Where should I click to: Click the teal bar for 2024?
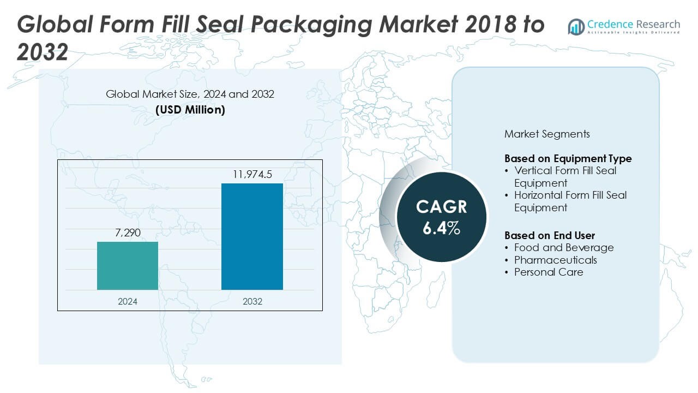128,265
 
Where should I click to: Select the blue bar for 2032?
252,236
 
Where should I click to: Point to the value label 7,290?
128,233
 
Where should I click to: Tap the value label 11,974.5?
252,175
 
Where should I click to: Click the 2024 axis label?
128,301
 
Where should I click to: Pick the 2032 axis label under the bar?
252,301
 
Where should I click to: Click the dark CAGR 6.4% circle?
441,217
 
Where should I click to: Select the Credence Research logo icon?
576,26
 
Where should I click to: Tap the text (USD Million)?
190,109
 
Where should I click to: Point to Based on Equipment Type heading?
568,158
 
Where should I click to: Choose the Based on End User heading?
549,235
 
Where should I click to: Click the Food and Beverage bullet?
563,248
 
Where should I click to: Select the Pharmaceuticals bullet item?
555,260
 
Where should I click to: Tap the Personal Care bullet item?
548,272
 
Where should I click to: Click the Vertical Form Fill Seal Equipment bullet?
565,176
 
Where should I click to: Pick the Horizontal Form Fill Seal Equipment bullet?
570,201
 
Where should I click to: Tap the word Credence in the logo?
609,24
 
